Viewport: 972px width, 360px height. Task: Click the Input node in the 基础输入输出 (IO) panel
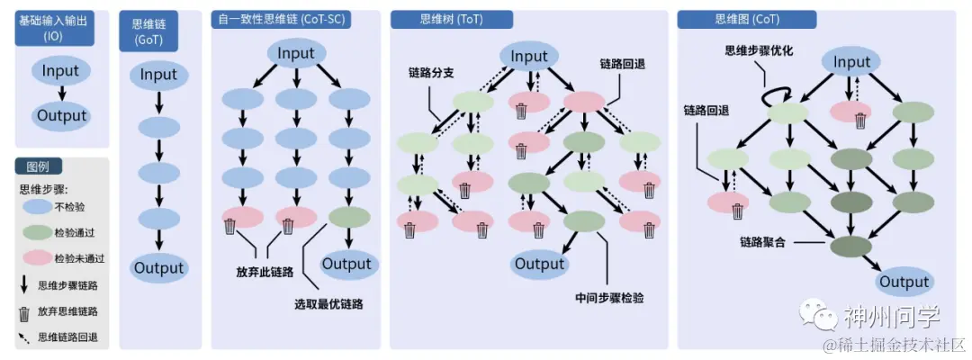[61, 71]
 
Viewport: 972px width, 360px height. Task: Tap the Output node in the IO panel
[61, 115]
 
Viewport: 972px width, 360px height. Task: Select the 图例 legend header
[38, 167]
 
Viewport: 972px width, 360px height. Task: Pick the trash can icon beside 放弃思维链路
[24, 311]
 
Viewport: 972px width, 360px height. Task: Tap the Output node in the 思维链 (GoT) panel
[158, 267]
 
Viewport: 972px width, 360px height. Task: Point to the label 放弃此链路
[266, 271]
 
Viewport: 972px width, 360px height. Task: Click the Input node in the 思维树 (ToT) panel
[529, 57]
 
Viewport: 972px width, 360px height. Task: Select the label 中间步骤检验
[609, 298]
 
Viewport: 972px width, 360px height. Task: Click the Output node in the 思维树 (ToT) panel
[539, 264]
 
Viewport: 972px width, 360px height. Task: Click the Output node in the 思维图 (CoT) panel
[904, 282]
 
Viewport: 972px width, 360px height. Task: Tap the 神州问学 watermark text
[892, 317]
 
